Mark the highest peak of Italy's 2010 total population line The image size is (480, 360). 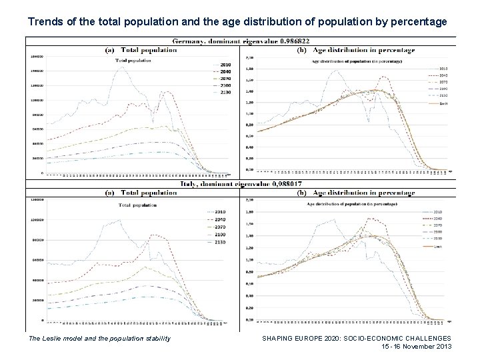click(119, 219)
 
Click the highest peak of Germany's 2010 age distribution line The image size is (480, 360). click(341, 72)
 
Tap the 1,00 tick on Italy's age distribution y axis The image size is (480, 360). click(249, 259)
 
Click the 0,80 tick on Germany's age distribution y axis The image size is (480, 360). click(249, 125)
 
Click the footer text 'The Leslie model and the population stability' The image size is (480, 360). click(99, 339)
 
